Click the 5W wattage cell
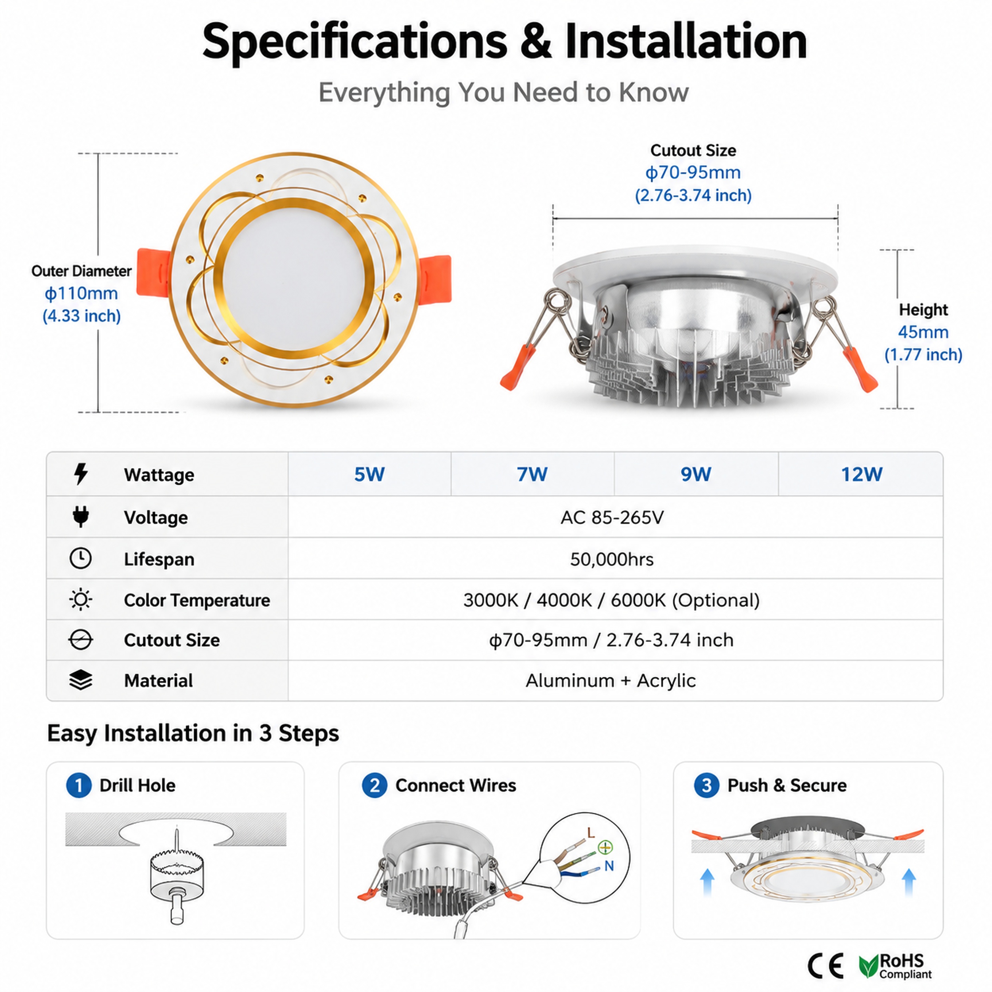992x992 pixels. [x=369, y=474]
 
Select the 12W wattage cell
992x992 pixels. [x=861, y=474]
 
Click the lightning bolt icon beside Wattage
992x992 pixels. [x=81, y=474]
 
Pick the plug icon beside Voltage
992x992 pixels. [x=81, y=517]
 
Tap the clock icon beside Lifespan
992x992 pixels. [x=81, y=558]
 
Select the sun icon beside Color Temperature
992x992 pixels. [x=81, y=599]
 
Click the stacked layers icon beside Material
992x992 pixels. [x=81, y=680]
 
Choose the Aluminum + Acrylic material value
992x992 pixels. [x=610, y=680]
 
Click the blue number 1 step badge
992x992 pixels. [x=79, y=786]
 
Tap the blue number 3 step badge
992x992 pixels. [x=706, y=786]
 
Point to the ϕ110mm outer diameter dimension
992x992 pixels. [x=81, y=293]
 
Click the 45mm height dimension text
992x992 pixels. [x=923, y=332]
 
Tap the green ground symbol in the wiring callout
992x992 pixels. [x=606, y=847]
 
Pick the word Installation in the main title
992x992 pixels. [x=686, y=41]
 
